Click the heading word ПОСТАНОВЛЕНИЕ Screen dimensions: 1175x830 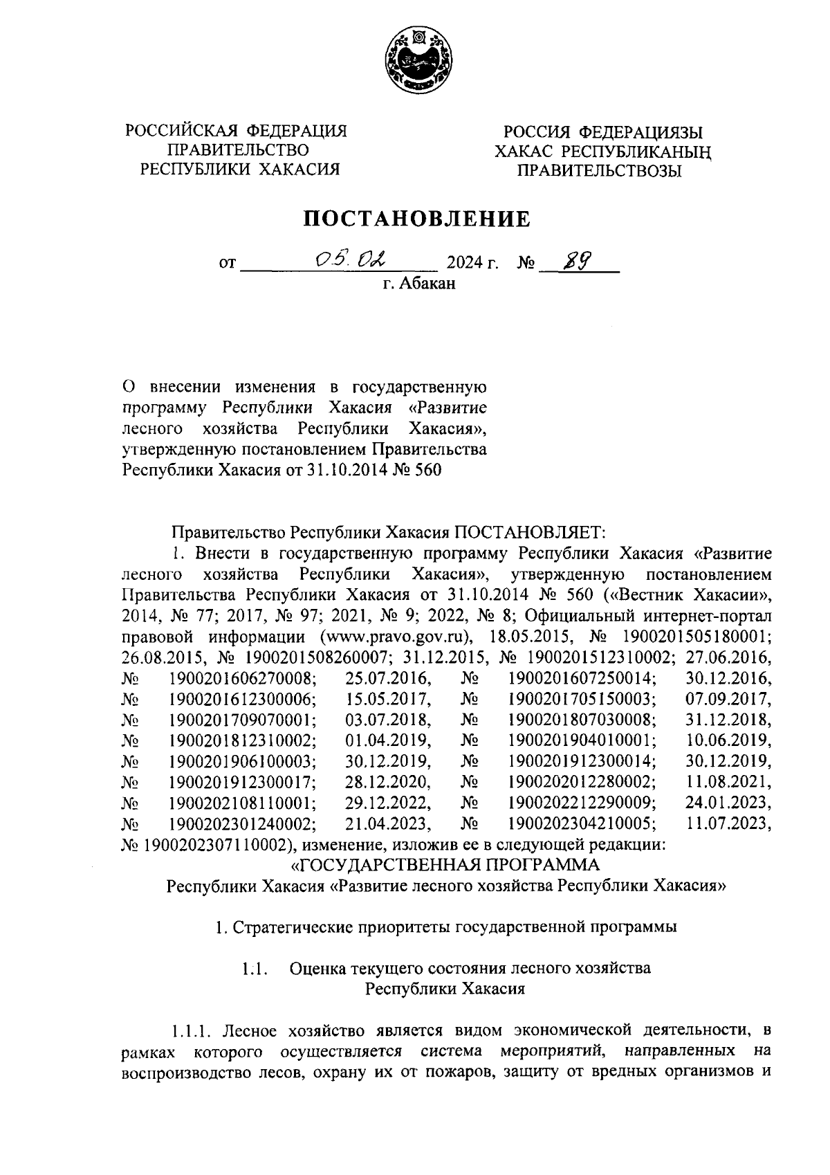click(418, 219)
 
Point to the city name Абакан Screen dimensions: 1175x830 click(428, 284)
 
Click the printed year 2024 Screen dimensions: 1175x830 click(465, 264)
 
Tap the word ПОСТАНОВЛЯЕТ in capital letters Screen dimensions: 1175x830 click(529, 532)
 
